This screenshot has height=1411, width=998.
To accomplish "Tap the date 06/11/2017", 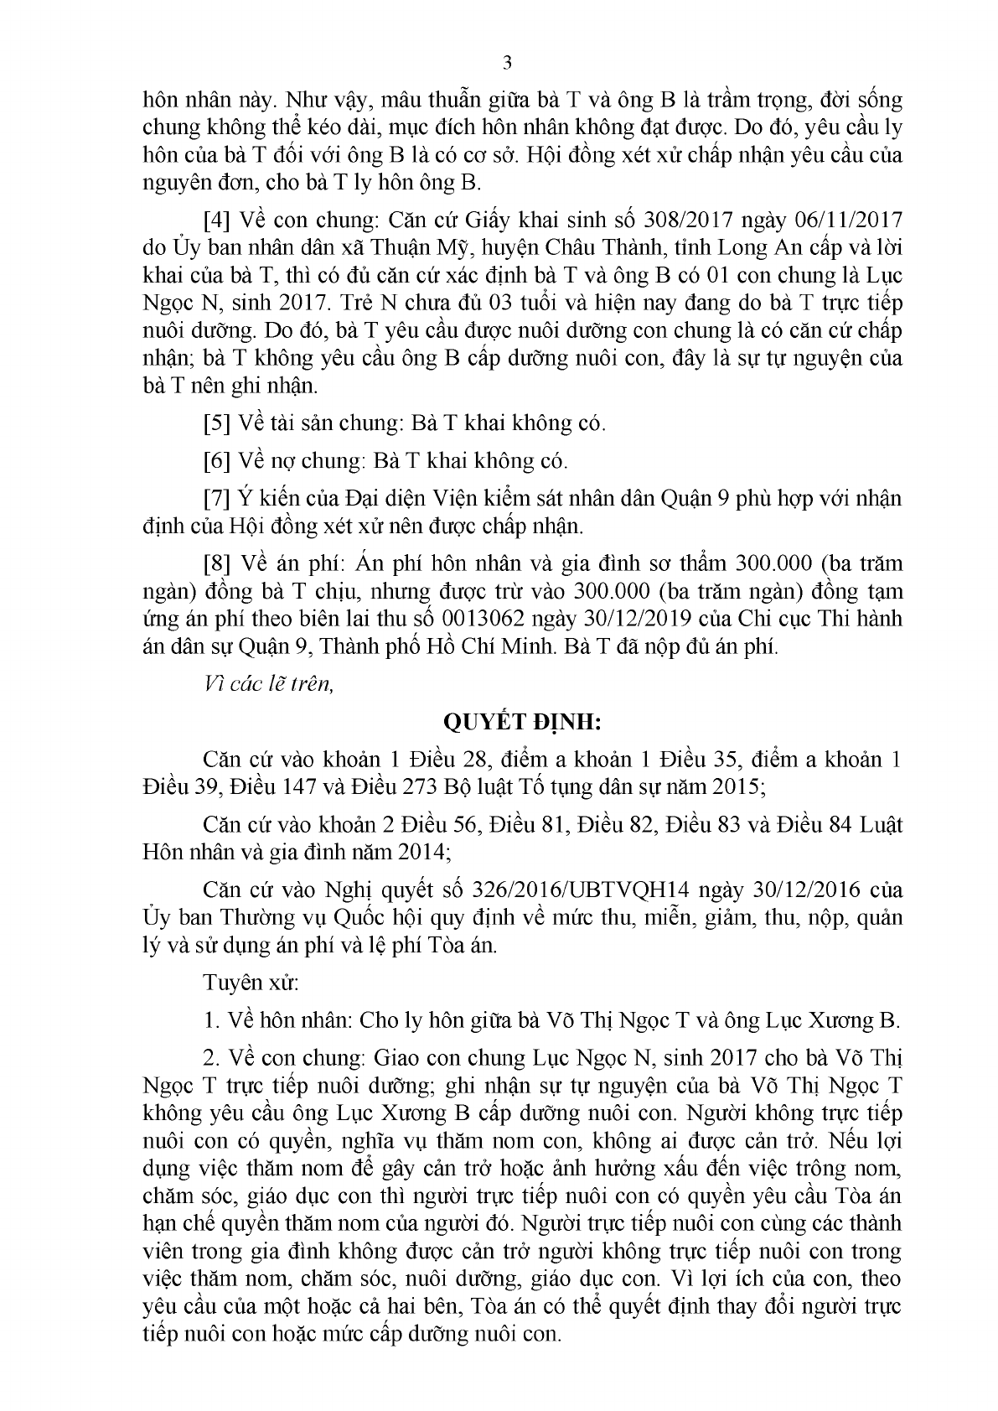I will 847,220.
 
